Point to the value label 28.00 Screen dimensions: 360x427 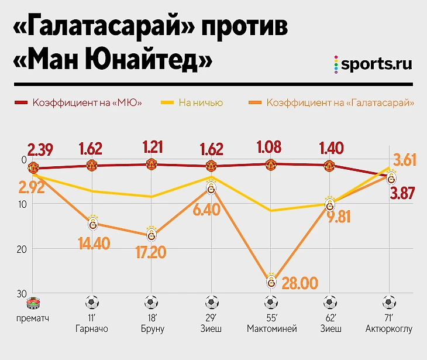[x=299, y=283]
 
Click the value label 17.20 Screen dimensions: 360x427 [x=150, y=253]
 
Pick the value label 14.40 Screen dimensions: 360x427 [x=94, y=243]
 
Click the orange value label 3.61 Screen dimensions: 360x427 [x=404, y=160]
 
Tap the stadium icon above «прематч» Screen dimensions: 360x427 [x=33, y=303]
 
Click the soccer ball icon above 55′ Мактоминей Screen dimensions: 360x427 [x=270, y=303]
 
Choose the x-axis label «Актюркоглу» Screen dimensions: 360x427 [x=388, y=329]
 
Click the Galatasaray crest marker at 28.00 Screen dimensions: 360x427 [x=271, y=282]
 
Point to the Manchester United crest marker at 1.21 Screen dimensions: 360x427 [x=151, y=164]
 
